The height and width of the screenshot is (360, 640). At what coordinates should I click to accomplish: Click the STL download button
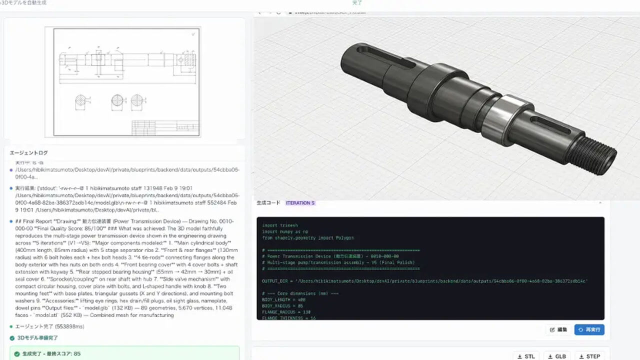(x=526, y=356)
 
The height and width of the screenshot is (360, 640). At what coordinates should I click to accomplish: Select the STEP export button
(x=589, y=356)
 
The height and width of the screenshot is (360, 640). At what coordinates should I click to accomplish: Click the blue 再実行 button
(x=589, y=329)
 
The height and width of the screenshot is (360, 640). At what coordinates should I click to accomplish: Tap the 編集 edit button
(x=558, y=329)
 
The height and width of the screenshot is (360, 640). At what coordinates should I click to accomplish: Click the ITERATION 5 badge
(x=300, y=203)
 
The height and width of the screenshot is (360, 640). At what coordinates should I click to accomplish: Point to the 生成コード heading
(x=268, y=203)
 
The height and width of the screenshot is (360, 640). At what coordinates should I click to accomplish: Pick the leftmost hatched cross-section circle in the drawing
(x=81, y=102)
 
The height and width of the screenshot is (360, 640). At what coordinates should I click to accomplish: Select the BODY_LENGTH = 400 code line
(x=283, y=299)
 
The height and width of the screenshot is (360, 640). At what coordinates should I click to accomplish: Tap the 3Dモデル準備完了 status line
(x=37, y=338)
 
